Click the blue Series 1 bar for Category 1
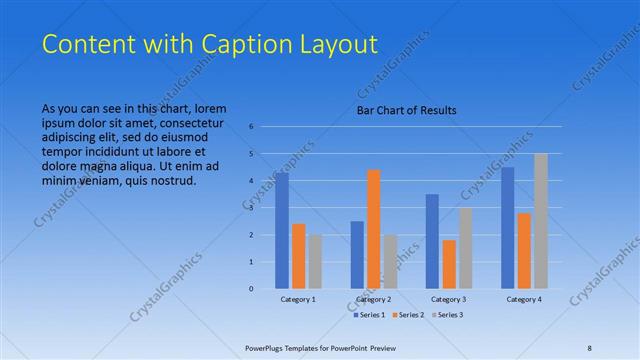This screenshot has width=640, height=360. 282,230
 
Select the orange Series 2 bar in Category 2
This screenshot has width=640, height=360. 374,229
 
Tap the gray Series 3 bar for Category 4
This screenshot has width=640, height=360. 540,221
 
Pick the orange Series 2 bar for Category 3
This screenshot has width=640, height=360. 449,264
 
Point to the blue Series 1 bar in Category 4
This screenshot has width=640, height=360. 508,227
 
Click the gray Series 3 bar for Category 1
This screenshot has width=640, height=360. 315,261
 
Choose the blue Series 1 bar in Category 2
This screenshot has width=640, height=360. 357,254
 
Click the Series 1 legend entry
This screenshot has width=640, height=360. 369,315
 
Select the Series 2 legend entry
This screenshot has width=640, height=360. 409,315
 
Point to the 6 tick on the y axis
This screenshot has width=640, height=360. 252,126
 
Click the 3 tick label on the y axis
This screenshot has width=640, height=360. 252,207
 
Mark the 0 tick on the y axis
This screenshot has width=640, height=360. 252,288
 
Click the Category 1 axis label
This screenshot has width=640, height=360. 298,299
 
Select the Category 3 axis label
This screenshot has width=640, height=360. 448,299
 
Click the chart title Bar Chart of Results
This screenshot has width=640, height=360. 406,110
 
